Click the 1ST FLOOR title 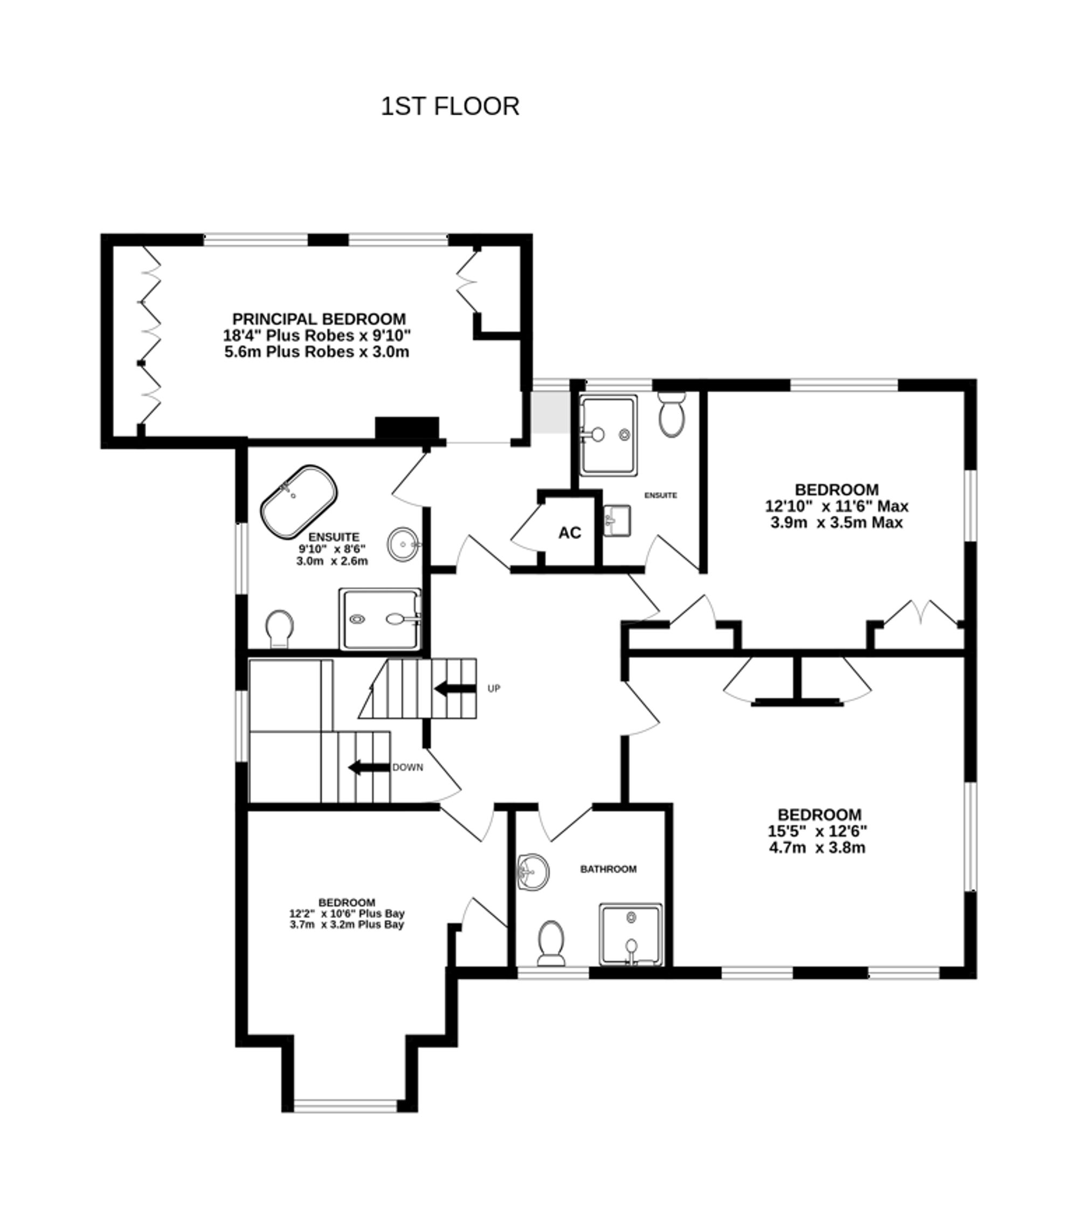(x=450, y=106)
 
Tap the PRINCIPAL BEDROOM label (x=319, y=319)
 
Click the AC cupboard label (x=570, y=533)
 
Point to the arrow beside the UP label (x=455, y=689)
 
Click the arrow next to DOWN (x=368, y=767)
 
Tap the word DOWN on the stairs (x=408, y=767)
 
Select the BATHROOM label (x=608, y=869)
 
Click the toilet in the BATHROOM (x=550, y=943)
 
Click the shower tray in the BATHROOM (x=630, y=934)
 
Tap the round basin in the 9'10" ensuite (x=403, y=543)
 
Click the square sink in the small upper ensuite (x=617, y=520)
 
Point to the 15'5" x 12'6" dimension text (x=817, y=830)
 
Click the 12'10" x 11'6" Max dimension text (x=837, y=506)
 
